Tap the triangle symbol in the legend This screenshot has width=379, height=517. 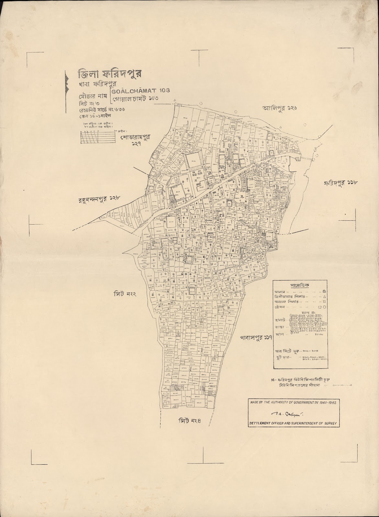324,296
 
